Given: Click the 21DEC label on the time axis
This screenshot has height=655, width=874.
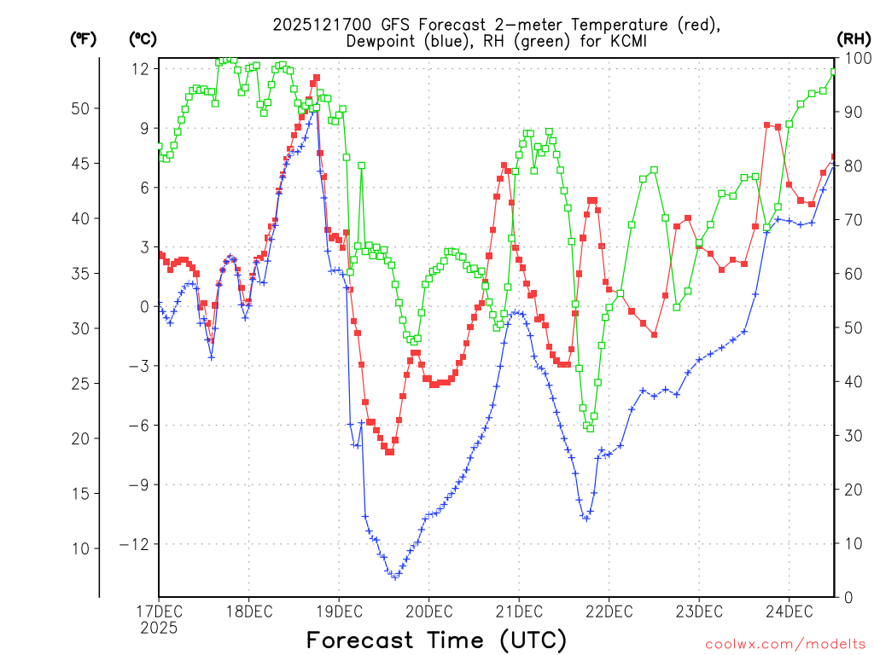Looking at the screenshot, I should (518, 612).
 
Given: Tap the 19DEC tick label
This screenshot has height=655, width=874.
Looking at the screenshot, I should (339, 612).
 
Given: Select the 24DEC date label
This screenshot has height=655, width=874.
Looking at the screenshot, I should (788, 612).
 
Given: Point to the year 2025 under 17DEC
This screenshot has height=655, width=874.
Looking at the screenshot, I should (159, 628).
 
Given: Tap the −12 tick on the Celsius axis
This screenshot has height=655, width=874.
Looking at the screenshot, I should (137, 544).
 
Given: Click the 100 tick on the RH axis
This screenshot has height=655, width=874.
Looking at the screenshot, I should (856, 58).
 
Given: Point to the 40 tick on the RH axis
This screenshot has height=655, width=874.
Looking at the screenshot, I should (853, 381).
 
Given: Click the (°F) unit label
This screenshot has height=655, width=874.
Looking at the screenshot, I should (84, 38).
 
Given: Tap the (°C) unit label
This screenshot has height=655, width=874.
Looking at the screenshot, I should (143, 38).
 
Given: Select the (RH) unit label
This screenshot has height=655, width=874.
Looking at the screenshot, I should (854, 38).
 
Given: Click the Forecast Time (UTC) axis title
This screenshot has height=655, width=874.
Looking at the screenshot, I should (436, 640).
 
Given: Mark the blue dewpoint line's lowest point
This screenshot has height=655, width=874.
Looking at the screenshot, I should (394, 577).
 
